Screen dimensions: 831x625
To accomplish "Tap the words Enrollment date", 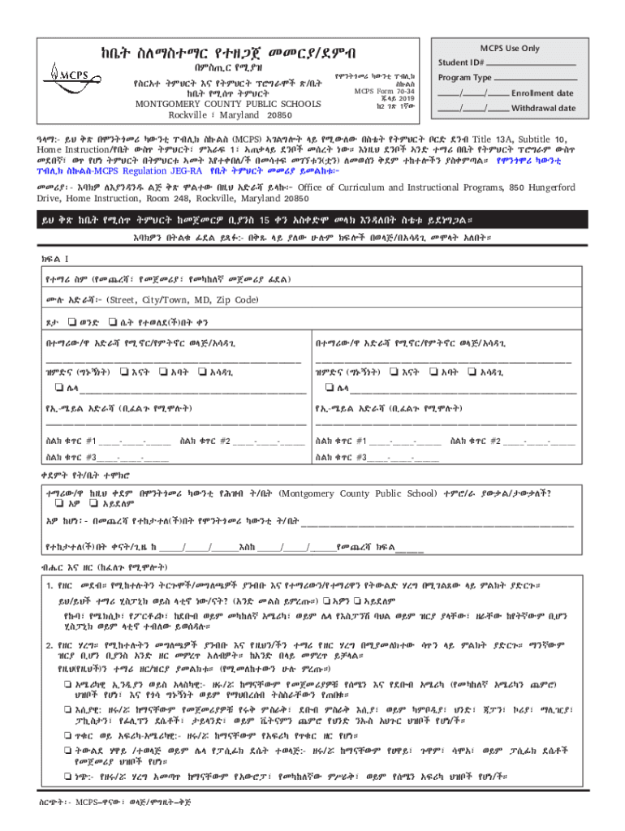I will [x=544, y=93].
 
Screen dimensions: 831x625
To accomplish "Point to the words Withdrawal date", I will [x=544, y=108].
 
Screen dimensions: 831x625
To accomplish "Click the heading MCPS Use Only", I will [x=510, y=48].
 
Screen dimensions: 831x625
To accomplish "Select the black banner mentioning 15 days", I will [x=312, y=220].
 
